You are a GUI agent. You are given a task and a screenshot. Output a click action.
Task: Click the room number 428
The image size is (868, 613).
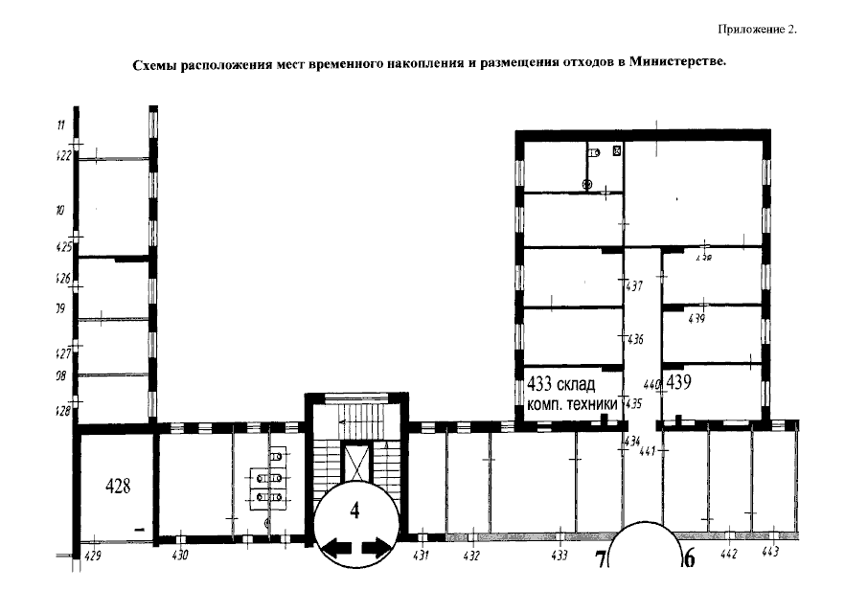[x=116, y=486]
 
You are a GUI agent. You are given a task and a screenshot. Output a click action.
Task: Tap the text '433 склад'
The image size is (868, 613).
[x=561, y=385]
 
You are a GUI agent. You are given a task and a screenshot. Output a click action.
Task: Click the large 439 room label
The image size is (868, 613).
[x=680, y=382]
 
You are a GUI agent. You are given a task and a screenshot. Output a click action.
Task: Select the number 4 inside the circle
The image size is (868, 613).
[x=354, y=511]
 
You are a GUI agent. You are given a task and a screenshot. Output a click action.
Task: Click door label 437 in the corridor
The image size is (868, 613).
[x=633, y=286]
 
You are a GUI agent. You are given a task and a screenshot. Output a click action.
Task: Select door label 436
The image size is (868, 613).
[x=633, y=340]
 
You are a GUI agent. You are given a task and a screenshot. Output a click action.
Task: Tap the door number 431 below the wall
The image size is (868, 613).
[x=421, y=556]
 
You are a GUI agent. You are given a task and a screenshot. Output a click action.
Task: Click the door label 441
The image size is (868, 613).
[x=647, y=450]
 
